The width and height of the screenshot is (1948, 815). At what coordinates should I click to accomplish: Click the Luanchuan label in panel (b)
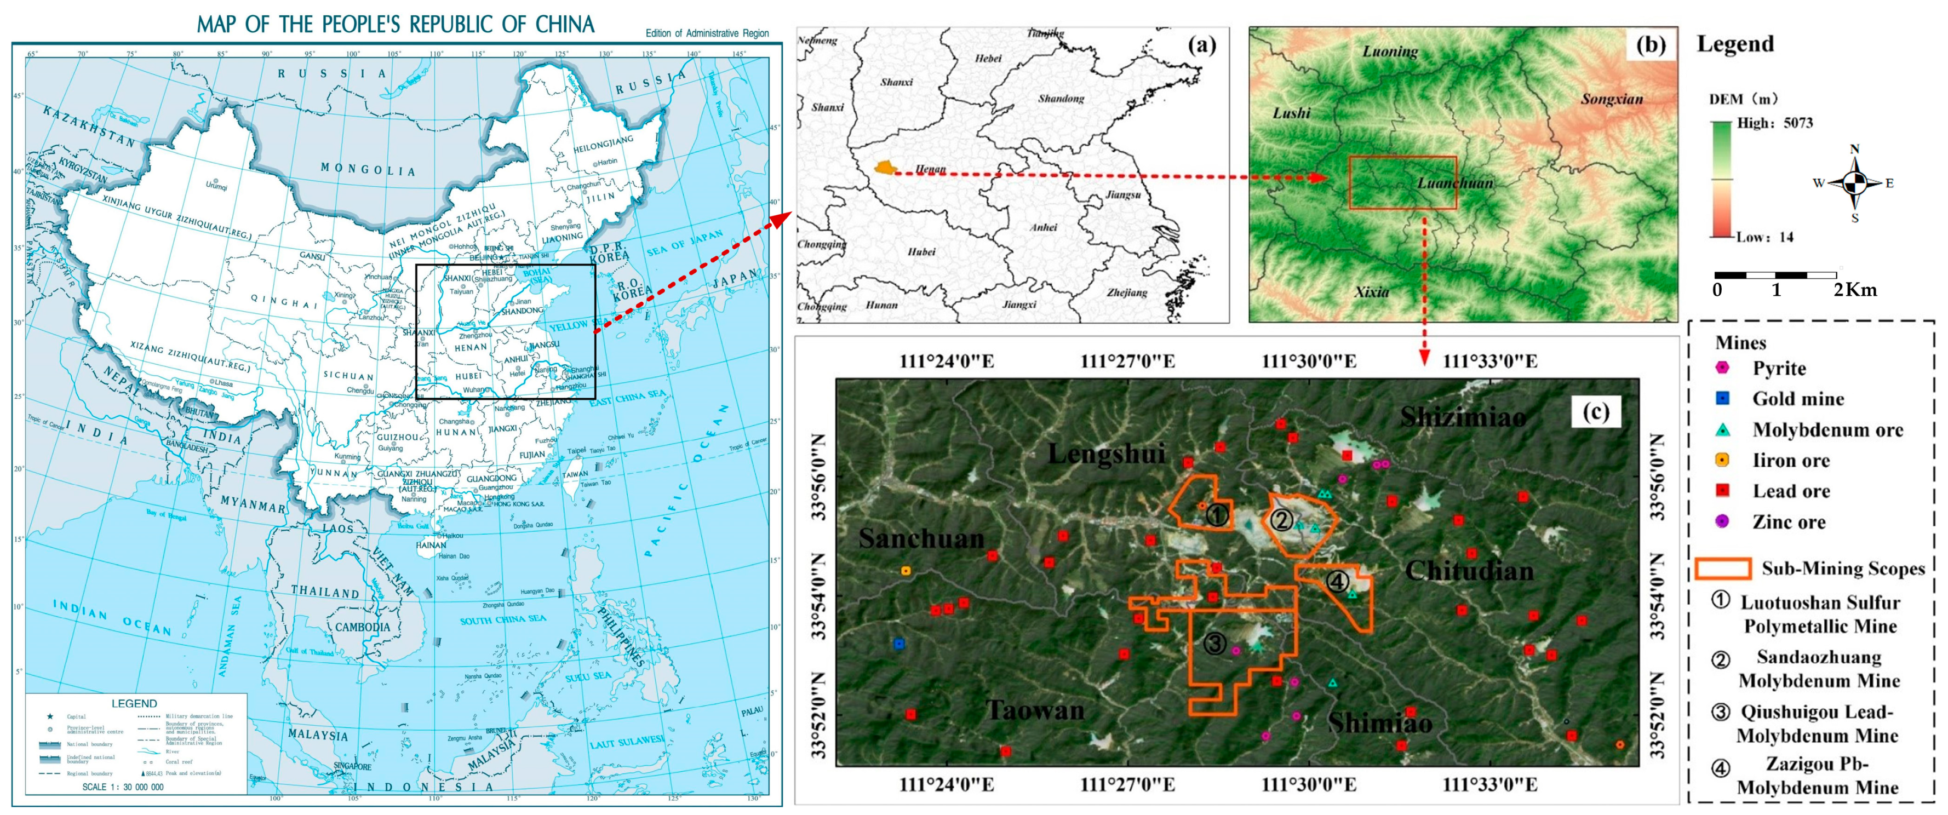point(1455,183)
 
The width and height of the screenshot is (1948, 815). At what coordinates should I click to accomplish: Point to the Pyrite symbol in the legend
point(1722,368)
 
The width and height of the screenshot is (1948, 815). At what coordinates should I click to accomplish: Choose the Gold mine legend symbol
point(1722,398)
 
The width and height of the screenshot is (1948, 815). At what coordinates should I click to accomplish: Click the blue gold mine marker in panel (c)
point(898,644)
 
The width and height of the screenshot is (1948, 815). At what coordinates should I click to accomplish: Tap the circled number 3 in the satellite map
point(1214,644)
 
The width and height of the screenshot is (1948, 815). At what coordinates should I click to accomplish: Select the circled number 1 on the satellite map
point(1216,515)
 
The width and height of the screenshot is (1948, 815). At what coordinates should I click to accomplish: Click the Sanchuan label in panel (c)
point(921,538)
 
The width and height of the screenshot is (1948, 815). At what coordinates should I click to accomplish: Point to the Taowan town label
point(1034,710)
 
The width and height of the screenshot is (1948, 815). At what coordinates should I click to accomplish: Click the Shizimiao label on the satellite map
point(1463,417)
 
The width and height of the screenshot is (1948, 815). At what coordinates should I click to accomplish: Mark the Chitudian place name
point(1469,570)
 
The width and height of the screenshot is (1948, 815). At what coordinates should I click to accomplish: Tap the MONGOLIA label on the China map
point(368,169)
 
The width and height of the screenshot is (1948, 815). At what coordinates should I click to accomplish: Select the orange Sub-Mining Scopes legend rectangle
point(1723,569)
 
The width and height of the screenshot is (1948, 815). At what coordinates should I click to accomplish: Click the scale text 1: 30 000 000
point(123,787)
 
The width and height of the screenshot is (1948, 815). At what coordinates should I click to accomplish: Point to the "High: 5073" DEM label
point(1774,123)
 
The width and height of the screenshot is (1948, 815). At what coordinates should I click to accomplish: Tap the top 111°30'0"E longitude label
point(1308,361)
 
